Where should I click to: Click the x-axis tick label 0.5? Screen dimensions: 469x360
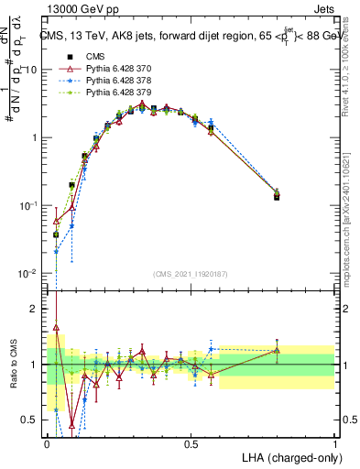point(191,443)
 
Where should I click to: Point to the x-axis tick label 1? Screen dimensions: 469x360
point(335,443)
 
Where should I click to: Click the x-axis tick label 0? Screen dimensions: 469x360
point(47,443)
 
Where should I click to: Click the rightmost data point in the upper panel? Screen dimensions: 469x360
point(278,196)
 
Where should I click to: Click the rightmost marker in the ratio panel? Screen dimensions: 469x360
point(278,350)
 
